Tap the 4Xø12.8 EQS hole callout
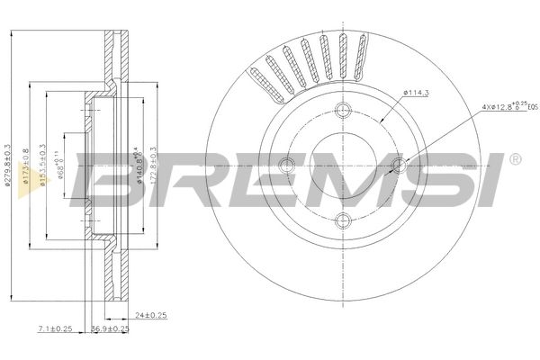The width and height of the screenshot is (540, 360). pos(508,107)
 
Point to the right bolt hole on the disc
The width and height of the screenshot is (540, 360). pos(399,165)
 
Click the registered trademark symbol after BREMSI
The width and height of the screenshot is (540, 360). pos(514,159)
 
